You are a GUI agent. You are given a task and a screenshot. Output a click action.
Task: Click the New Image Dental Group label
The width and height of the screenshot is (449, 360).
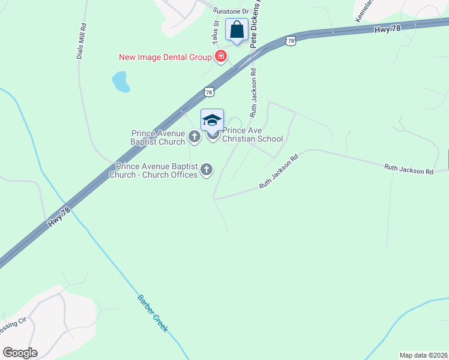166,58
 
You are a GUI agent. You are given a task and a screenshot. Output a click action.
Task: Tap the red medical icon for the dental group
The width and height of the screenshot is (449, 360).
221,57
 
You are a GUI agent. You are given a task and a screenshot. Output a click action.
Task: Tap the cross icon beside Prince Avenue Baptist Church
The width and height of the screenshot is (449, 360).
194,137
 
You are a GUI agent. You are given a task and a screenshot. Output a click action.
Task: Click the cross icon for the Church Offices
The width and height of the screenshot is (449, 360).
206,170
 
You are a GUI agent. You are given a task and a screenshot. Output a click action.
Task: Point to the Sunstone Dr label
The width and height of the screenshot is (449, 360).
232,11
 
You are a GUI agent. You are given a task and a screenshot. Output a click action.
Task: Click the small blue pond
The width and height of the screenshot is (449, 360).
121,82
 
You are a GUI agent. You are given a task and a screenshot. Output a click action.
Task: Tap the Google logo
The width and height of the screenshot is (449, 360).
20,353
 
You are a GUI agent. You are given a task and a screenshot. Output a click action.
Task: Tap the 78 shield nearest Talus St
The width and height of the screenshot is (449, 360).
208,91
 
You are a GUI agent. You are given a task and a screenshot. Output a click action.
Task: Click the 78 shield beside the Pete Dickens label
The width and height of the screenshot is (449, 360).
291,41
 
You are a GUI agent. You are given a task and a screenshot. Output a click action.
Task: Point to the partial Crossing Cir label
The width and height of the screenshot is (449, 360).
13,325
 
